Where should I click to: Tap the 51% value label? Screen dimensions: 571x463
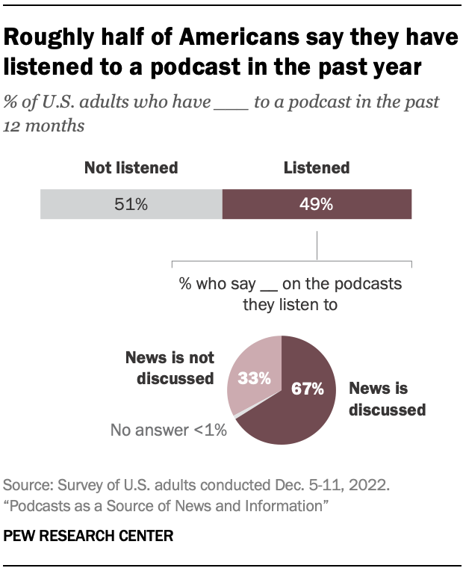131,204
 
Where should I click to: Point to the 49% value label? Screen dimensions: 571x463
317,204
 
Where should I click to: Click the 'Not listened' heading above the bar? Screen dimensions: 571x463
131,167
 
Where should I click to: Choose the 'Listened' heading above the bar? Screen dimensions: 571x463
317,167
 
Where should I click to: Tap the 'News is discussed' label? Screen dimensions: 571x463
387,399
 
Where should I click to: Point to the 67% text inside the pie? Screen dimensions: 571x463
307,389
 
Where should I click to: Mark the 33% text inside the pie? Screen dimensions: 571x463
255,378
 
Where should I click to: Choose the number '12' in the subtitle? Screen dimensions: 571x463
14,126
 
